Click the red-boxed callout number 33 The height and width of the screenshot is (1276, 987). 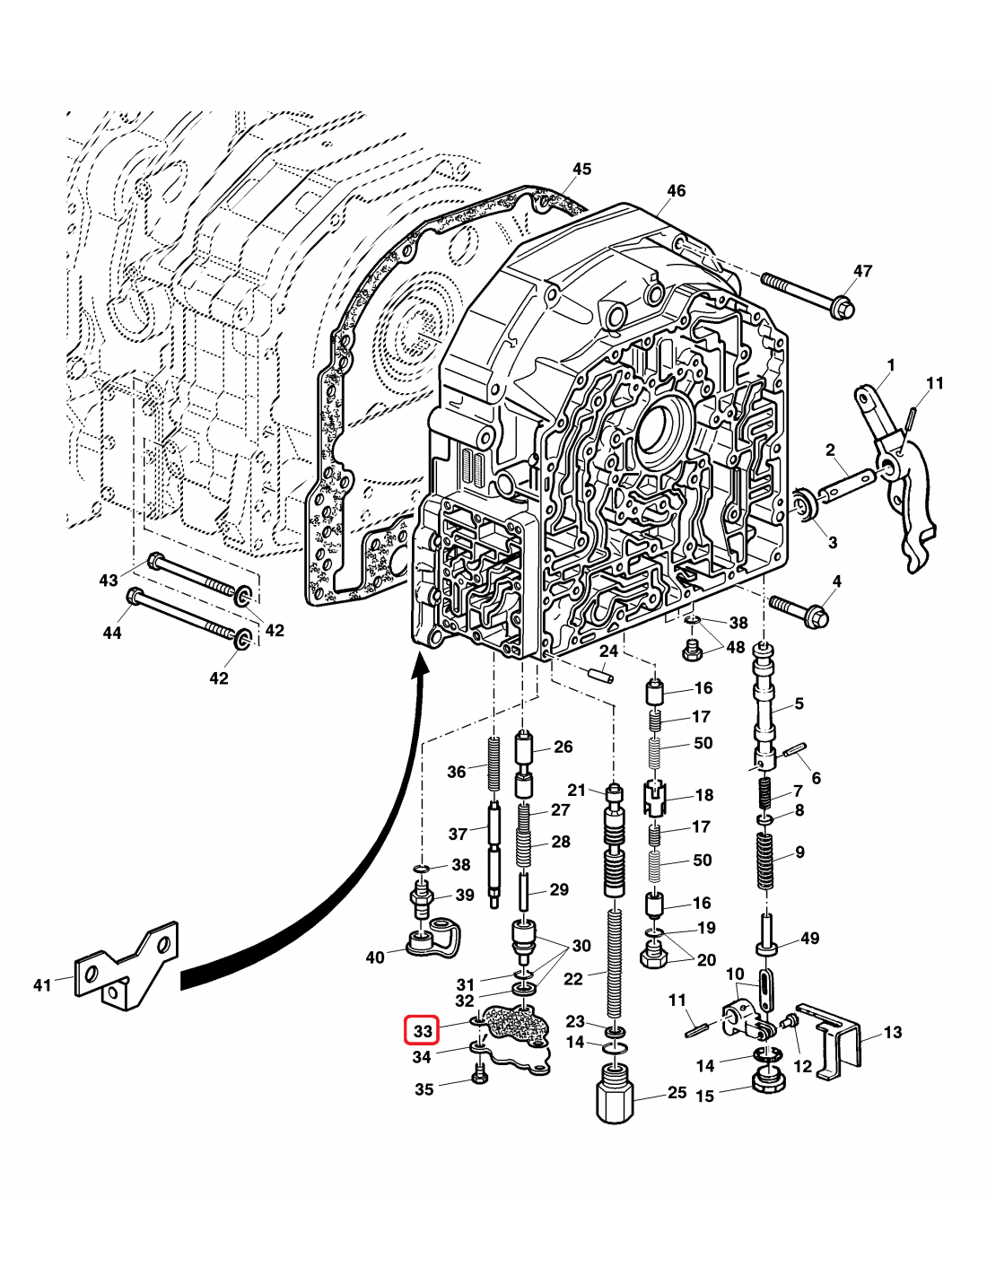tap(423, 1031)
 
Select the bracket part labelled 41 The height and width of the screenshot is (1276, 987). tap(126, 966)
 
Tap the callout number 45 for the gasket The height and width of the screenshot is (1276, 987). tap(581, 169)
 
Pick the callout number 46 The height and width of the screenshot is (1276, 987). tap(676, 190)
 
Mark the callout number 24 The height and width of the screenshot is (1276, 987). tap(609, 651)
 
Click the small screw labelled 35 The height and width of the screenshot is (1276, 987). tap(478, 1073)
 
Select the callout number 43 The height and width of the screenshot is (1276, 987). tap(109, 580)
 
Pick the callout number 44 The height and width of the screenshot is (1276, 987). tap(111, 633)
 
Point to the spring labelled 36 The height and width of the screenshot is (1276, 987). tap(493, 763)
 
